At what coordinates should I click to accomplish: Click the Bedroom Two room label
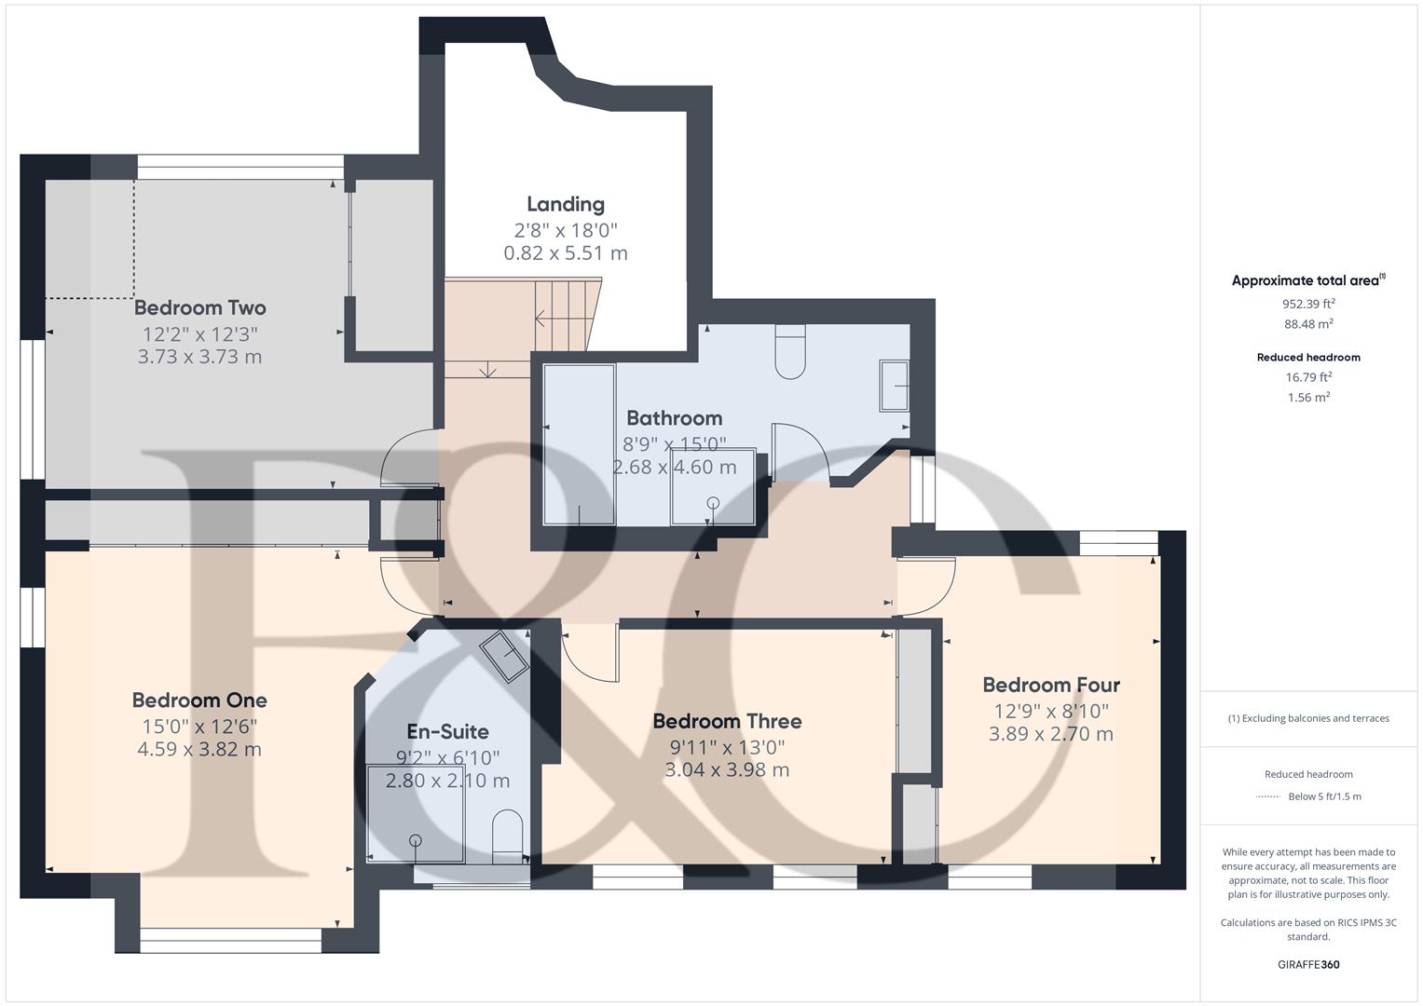(x=199, y=308)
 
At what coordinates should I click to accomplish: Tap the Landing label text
(x=566, y=205)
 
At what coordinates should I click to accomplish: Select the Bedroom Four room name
(x=1051, y=686)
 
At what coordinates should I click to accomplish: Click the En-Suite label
(x=447, y=731)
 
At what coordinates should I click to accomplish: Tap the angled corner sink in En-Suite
(x=504, y=656)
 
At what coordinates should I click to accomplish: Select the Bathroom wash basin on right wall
(x=894, y=386)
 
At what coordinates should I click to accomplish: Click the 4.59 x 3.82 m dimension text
(x=199, y=750)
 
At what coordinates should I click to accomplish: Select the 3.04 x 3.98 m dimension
(x=727, y=770)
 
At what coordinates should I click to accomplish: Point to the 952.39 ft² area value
(x=1308, y=304)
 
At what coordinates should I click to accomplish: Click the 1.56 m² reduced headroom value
(x=1308, y=397)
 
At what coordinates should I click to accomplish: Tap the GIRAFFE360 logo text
(x=1308, y=965)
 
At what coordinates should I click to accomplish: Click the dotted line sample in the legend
(x=1268, y=796)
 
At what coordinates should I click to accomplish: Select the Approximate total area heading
(x=1308, y=280)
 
